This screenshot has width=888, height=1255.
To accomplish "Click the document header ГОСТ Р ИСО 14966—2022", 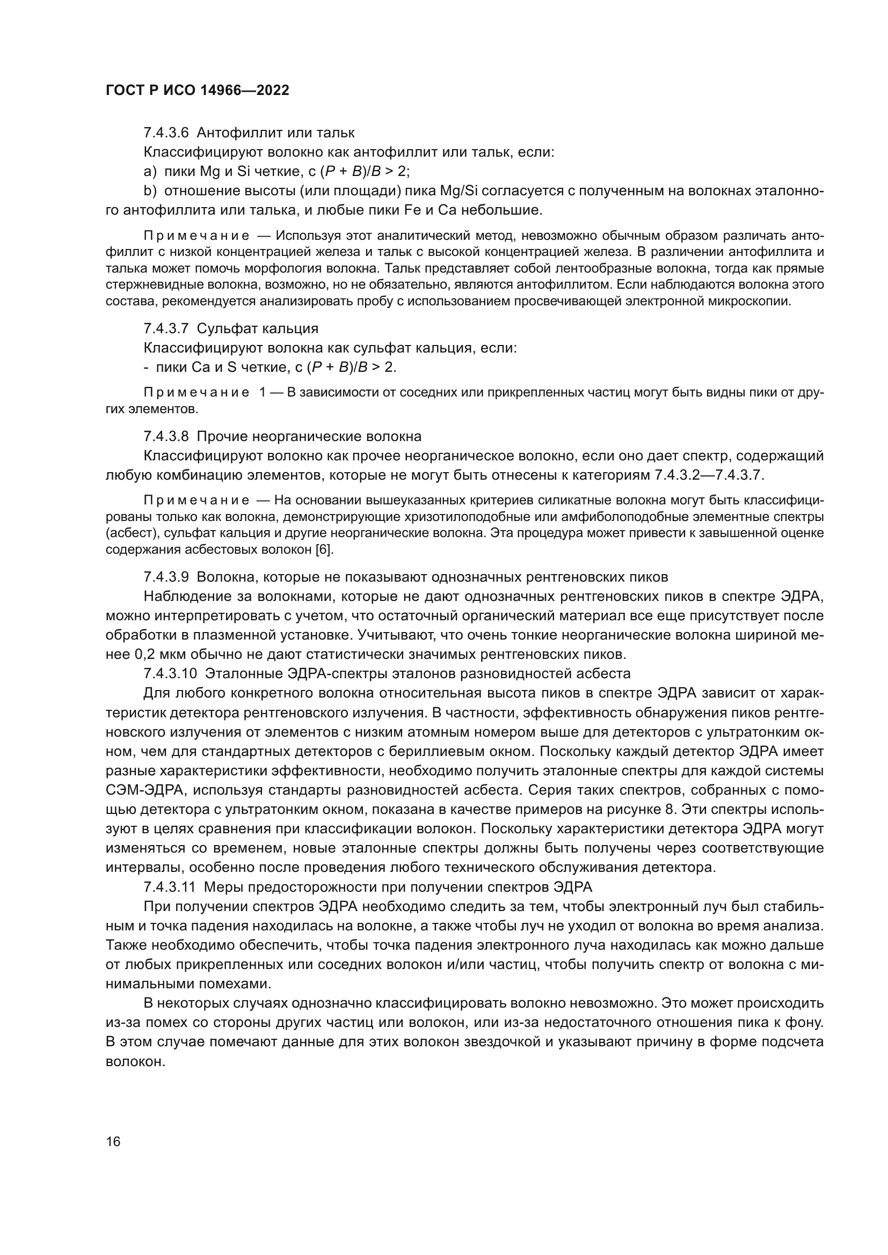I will click(x=197, y=91).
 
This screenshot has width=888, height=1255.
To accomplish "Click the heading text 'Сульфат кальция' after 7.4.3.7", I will click(x=257, y=328).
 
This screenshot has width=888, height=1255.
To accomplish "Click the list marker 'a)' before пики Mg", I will click(x=150, y=172).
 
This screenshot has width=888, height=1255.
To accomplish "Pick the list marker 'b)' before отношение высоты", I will click(x=150, y=192).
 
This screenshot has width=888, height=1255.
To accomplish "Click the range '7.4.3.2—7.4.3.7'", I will click(x=708, y=475).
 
